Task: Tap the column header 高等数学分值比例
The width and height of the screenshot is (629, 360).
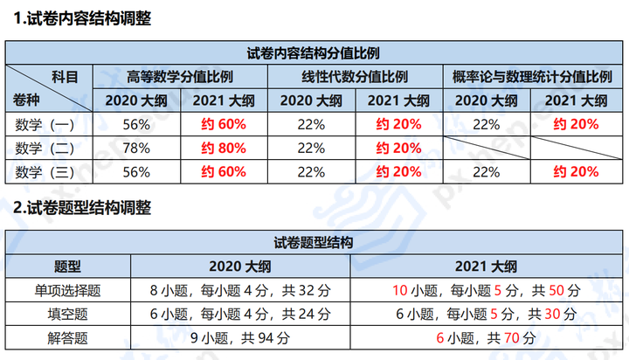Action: [x=181, y=77]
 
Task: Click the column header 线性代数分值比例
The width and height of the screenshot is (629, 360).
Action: [x=356, y=77]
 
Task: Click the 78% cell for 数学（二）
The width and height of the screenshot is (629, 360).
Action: [x=137, y=148]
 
